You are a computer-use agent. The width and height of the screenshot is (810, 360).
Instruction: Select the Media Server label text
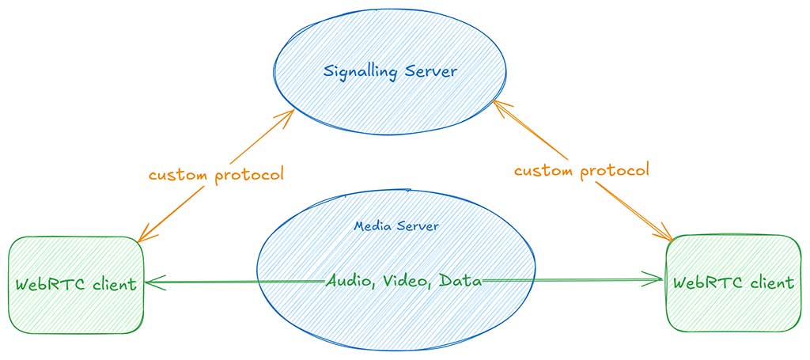(396, 226)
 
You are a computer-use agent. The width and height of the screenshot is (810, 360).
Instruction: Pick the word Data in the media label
(460, 280)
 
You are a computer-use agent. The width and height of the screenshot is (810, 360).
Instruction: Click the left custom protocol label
(215, 174)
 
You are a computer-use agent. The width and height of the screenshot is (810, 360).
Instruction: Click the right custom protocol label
(581, 169)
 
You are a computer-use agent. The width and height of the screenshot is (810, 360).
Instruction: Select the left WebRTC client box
(76, 283)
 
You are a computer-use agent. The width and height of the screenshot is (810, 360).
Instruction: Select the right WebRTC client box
(732, 282)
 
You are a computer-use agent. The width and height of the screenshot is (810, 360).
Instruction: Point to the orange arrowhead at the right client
(667, 234)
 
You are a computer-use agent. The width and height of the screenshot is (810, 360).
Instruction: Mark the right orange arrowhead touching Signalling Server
(498, 104)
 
